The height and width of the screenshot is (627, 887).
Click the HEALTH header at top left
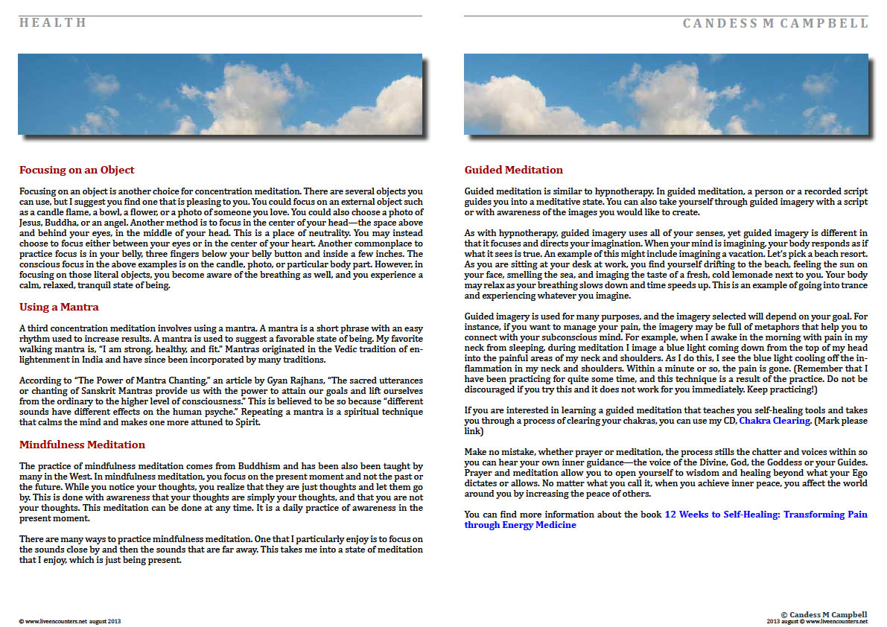click(53, 23)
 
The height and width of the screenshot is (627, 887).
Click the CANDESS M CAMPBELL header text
click(775, 24)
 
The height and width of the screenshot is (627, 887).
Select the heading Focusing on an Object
click(77, 171)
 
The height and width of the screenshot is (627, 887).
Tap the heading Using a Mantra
click(59, 307)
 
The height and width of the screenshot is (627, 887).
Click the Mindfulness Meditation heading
click(82, 445)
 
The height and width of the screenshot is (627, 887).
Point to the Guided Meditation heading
click(513, 171)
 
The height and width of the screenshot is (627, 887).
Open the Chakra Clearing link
click(775, 421)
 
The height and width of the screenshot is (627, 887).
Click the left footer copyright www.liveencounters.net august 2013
click(69, 621)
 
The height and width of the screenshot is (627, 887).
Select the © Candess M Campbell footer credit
click(824, 615)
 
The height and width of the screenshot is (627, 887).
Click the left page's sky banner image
click(220, 94)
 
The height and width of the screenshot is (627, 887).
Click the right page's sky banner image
click(666, 94)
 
